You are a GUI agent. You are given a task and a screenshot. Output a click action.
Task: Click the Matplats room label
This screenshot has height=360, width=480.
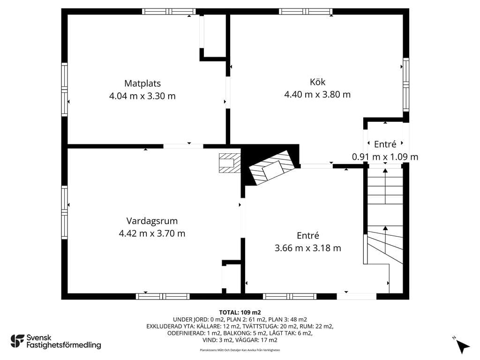coord(142,83)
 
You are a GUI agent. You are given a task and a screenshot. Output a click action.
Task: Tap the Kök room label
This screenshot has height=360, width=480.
coord(317,82)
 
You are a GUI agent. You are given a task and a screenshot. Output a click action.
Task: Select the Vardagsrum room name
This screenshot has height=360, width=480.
coord(152,221)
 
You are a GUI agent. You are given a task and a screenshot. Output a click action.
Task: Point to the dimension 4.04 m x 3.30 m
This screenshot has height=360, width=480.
coord(142,96)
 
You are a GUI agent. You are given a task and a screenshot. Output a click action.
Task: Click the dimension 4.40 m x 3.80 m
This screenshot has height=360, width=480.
coord(317,95)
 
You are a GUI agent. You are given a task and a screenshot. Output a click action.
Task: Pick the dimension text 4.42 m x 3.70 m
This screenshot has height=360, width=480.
coord(152,233)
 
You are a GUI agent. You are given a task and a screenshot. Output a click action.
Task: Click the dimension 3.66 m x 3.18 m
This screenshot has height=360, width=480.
coord(307,248)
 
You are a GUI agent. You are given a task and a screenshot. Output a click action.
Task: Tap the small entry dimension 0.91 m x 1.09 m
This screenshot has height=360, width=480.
coord(385,157)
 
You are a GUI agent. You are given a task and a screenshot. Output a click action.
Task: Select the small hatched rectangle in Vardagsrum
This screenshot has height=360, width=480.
coord(230,163)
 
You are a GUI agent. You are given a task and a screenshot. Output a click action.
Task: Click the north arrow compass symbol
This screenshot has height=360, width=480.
coord(462,345)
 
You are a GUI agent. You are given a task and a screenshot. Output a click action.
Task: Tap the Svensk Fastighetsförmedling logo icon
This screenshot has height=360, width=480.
coord(17,341)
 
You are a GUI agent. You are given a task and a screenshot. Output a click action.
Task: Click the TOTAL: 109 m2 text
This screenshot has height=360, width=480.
coord(240,313)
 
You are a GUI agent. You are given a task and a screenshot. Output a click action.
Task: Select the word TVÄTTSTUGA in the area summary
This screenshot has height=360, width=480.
coord(259,326)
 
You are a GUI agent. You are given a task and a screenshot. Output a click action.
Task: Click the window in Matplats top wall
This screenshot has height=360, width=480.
coord(169,12)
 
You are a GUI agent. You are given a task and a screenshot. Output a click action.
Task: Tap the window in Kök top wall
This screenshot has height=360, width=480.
coord(306,12)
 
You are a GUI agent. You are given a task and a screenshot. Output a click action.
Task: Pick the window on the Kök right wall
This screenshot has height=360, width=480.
coord(406,84)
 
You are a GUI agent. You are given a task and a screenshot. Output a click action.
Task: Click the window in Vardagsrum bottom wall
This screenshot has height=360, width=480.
coord(163,296)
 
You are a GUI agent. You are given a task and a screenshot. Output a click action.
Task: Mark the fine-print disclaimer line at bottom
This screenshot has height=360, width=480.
coord(240,350)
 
